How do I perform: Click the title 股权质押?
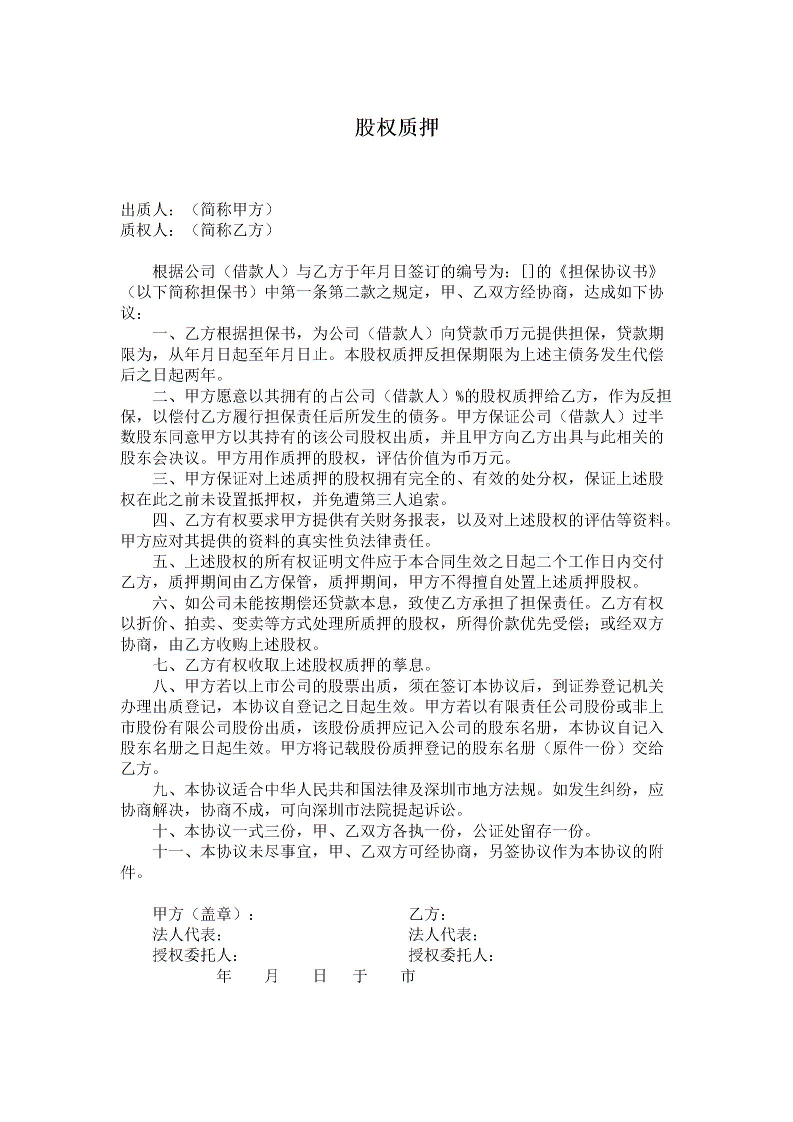396,128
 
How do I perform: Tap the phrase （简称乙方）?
232,230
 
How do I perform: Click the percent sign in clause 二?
459,396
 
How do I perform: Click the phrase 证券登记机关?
615,686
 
